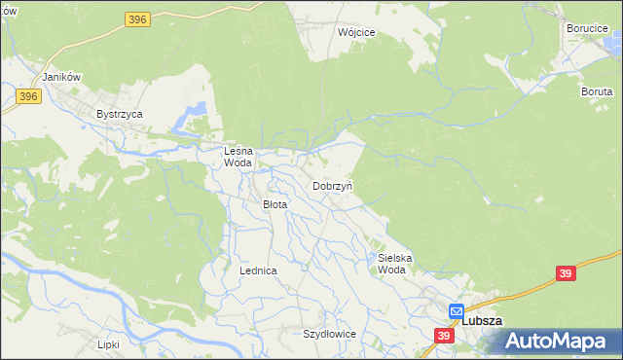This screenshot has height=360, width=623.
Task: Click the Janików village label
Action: (x=59, y=76)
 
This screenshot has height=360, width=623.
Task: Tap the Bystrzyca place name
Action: (x=120, y=114)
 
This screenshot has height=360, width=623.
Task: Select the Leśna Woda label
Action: (x=238, y=157)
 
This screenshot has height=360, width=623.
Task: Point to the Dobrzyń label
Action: (x=332, y=185)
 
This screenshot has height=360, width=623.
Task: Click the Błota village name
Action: (x=275, y=204)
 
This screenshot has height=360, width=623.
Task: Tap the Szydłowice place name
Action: (x=329, y=333)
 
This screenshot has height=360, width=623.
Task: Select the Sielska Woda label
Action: (x=395, y=264)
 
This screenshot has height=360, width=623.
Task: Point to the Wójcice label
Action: (x=356, y=31)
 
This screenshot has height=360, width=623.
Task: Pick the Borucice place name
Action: (x=588, y=28)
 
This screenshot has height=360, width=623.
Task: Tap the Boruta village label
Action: (x=597, y=90)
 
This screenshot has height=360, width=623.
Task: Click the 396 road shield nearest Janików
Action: (x=27, y=95)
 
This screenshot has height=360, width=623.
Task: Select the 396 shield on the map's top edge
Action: (x=137, y=18)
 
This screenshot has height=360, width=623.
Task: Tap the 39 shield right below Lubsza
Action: (x=444, y=336)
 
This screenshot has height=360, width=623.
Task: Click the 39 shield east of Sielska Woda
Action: (x=566, y=274)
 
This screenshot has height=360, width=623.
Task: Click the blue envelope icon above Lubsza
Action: (x=456, y=310)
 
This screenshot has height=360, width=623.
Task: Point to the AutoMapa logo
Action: (x=560, y=342)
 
